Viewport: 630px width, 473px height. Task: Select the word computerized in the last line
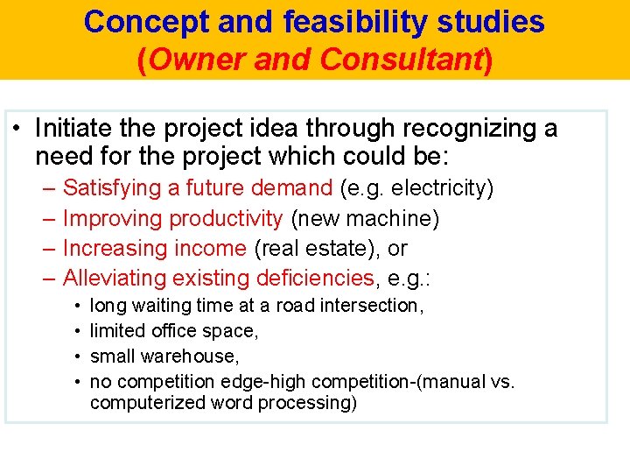click(145, 403)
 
